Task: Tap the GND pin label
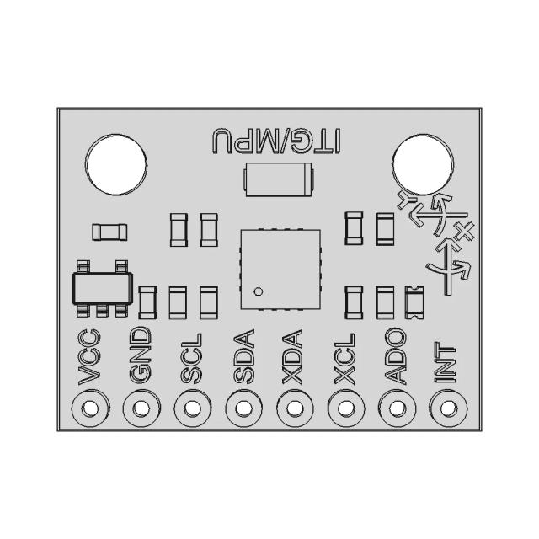[x=141, y=358]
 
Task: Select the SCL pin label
[x=192, y=360]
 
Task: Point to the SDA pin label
[x=243, y=360]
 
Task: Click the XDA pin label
[x=294, y=360]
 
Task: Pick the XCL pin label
[x=345, y=360]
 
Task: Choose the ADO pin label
[x=396, y=360]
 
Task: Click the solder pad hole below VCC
[x=89, y=409]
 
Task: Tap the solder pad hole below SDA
[x=243, y=409]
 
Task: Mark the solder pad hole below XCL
[x=345, y=409]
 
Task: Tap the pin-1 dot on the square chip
[x=259, y=292]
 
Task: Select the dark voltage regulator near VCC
[x=101, y=288]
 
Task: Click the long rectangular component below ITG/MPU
[x=277, y=179]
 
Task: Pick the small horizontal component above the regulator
[x=109, y=232]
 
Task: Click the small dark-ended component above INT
[x=414, y=302]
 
